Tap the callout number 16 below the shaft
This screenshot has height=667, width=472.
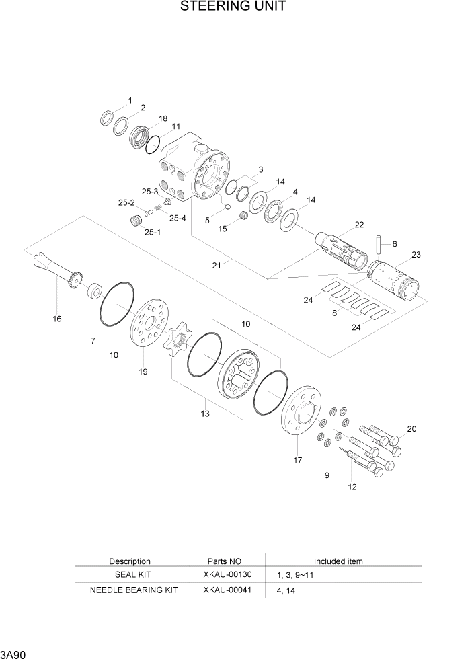click(57, 319)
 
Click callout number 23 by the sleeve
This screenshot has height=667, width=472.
click(416, 254)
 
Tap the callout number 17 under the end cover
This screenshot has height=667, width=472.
click(297, 460)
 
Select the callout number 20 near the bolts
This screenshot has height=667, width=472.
click(411, 428)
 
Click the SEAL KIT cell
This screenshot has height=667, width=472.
click(130, 574)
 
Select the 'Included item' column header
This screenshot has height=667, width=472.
click(338, 561)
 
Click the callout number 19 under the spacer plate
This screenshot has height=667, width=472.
click(143, 371)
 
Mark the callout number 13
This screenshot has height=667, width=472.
click(205, 414)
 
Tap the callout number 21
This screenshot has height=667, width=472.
click(217, 265)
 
